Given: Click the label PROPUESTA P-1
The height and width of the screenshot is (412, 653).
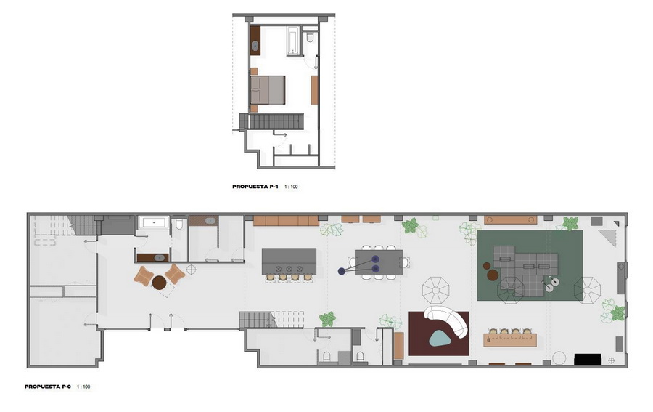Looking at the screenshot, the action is pos(255,187).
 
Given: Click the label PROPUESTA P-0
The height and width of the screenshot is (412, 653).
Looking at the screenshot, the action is pos(47,387).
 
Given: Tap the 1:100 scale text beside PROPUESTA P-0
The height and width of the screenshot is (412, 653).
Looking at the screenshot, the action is pos(83,387).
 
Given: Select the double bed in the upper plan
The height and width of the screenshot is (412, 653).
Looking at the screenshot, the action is pos(267,89).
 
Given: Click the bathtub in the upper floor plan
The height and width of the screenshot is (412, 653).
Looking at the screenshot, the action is pos(294,40).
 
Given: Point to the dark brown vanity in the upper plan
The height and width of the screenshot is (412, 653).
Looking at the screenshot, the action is pos(255,41).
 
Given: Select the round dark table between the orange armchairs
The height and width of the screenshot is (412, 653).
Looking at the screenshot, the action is pos(159,283).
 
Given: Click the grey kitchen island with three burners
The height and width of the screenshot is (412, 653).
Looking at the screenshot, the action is pos(289,262).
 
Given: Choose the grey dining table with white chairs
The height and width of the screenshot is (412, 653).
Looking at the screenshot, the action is pos(379,262).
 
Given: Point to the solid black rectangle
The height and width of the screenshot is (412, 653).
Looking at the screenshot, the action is pos(588,360).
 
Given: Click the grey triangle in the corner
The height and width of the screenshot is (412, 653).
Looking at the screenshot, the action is pos(609,236).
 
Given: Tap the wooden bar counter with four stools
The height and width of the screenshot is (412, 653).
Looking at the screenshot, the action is pos(510,339).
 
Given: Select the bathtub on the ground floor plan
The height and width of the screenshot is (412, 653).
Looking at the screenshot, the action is pos(154,222).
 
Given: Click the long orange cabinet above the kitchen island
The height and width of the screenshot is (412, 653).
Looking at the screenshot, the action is pos(286,221).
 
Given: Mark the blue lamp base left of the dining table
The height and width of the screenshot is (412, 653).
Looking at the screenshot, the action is pos(342,271).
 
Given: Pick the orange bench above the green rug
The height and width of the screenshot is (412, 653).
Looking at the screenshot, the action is pos(511,219).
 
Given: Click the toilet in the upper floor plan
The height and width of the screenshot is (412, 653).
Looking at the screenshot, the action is pos(310,37).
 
